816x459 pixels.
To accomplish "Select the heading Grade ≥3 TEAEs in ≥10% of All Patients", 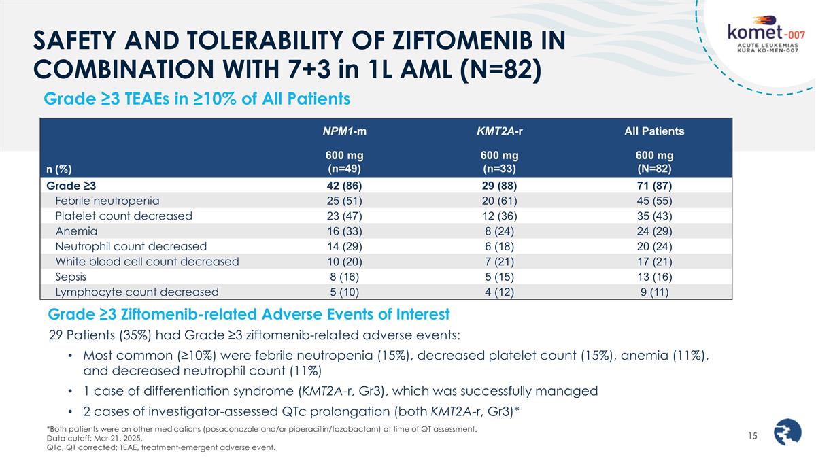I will [x=197, y=99].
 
